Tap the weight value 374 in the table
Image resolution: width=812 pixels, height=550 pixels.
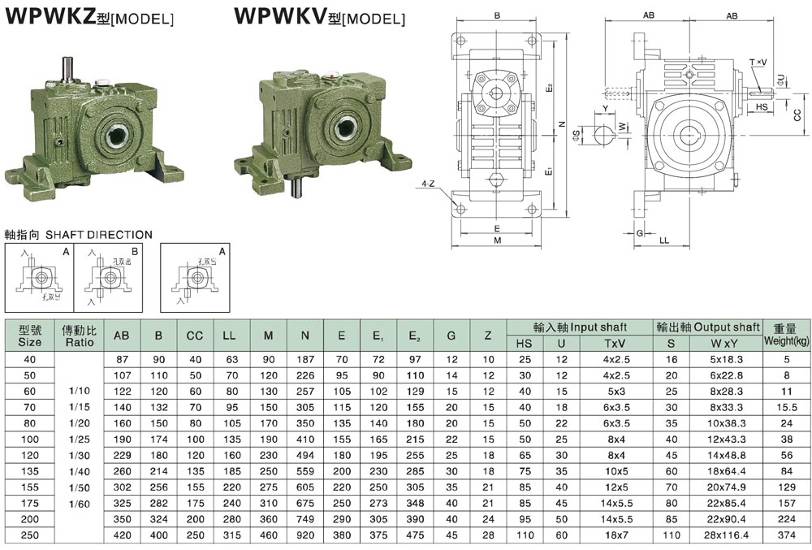point(786,535)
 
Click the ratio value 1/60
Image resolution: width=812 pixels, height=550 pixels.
point(80,504)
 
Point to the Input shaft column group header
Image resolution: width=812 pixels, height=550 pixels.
point(580,327)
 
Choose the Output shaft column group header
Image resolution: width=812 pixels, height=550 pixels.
point(707,327)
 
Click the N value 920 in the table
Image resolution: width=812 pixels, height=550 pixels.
point(304,535)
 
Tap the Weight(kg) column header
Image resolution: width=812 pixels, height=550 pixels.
point(786,335)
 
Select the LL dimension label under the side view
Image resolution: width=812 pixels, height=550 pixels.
point(663,240)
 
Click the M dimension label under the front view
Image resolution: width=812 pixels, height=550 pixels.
point(497,241)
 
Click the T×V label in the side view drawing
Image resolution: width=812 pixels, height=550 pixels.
point(757,62)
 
